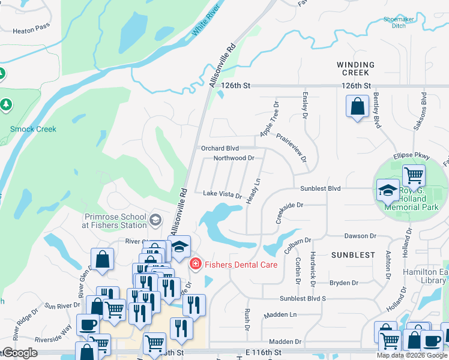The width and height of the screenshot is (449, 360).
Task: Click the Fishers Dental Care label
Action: [x=241, y=264]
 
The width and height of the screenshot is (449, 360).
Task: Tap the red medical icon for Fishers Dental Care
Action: [x=196, y=264]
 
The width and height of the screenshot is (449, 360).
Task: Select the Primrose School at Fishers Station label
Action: [x=115, y=221]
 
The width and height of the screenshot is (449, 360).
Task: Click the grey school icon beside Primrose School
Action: [x=155, y=220]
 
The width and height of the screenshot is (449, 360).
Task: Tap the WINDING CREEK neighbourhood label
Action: [x=355, y=68]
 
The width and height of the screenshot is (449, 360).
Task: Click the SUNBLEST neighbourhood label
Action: [x=353, y=255]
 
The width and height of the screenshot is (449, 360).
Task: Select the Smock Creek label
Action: [x=33, y=129]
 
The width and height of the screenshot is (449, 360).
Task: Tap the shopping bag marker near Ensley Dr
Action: [x=357, y=107]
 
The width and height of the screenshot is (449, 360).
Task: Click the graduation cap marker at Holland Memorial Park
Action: [x=388, y=191]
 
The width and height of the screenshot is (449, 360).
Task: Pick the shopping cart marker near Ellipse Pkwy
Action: [x=414, y=176]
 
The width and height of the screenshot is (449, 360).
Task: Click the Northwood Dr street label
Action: [x=234, y=158]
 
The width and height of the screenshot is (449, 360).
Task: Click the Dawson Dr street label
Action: [x=360, y=236]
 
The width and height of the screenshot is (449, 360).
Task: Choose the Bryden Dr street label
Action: [x=343, y=283]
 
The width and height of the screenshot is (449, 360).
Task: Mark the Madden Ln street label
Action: [x=280, y=314]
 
